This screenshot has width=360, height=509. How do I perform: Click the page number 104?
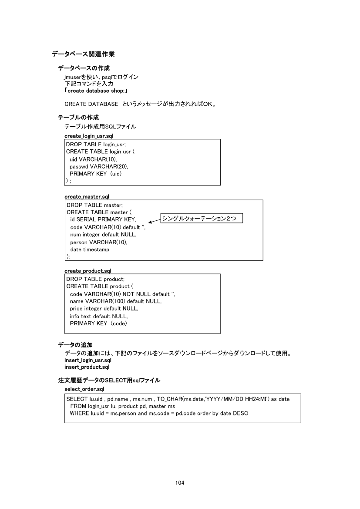click(x=180, y=483)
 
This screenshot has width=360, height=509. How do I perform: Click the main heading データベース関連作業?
click(x=83, y=54)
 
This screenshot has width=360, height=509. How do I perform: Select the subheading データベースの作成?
click(x=84, y=68)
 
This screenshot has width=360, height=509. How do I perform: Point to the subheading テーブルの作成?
click(x=78, y=118)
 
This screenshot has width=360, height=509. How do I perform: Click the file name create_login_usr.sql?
click(x=89, y=136)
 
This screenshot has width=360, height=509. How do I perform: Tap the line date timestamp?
click(x=90, y=249)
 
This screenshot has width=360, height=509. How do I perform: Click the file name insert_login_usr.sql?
click(x=87, y=361)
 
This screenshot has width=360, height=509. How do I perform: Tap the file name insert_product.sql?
click(x=87, y=367)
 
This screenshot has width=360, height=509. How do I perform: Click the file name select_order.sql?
click(x=84, y=388)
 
